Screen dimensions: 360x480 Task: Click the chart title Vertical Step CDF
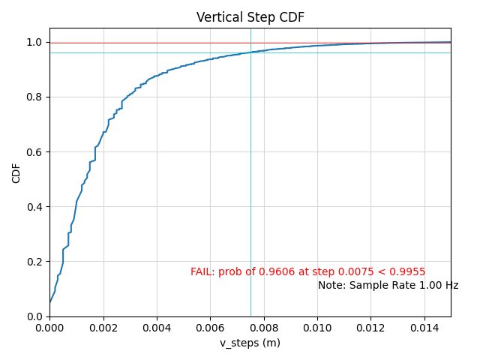click(250, 17)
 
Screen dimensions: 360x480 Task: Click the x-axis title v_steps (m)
click(250, 343)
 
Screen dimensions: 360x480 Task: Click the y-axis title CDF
click(16, 172)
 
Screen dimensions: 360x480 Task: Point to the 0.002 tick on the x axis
click(103, 327)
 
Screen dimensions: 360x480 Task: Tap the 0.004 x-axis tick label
click(157, 327)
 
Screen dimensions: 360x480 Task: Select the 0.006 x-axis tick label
click(210, 327)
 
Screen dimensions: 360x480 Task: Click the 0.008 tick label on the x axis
click(264, 327)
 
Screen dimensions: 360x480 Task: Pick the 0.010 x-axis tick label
click(317, 327)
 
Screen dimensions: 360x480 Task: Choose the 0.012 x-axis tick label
click(370, 327)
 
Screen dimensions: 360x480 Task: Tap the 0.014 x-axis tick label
click(424, 327)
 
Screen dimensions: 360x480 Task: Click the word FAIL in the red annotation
click(202, 272)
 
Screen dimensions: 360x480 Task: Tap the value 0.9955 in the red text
click(408, 272)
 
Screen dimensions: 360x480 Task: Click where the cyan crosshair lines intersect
click(250, 52)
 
